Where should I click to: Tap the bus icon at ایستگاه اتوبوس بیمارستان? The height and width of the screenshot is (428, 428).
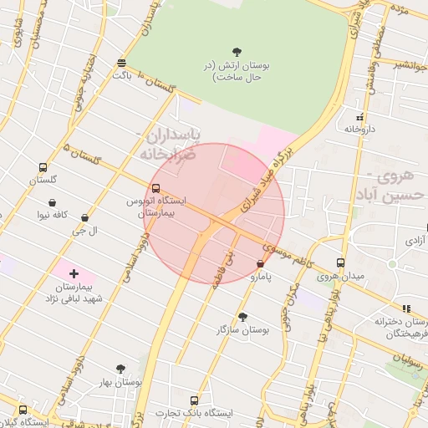click(x=156, y=188)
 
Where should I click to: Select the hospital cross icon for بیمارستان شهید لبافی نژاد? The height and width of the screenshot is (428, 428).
click(x=74, y=273)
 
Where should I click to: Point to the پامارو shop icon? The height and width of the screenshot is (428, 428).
click(x=260, y=263)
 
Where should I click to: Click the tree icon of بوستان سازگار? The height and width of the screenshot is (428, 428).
click(x=243, y=317)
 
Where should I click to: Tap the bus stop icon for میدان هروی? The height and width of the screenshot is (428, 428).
click(x=340, y=262)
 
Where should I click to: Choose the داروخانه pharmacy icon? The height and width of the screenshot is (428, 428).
click(x=360, y=117)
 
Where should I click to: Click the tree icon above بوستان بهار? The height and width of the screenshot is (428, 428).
click(x=120, y=369)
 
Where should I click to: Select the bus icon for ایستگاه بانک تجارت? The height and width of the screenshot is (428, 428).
click(x=195, y=400)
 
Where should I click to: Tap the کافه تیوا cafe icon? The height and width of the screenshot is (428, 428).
click(x=53, y=202)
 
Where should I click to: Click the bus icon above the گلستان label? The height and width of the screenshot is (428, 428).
click(x=43, y=167)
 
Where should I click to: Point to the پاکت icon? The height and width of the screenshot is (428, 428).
click(x=122, y=63)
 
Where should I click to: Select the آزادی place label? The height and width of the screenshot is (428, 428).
click(x=414, y=240)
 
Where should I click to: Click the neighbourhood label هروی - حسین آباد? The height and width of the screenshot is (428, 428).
click(x=396, y=186)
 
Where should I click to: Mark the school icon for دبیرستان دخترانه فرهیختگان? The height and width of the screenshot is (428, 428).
click(x=406, y=308)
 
